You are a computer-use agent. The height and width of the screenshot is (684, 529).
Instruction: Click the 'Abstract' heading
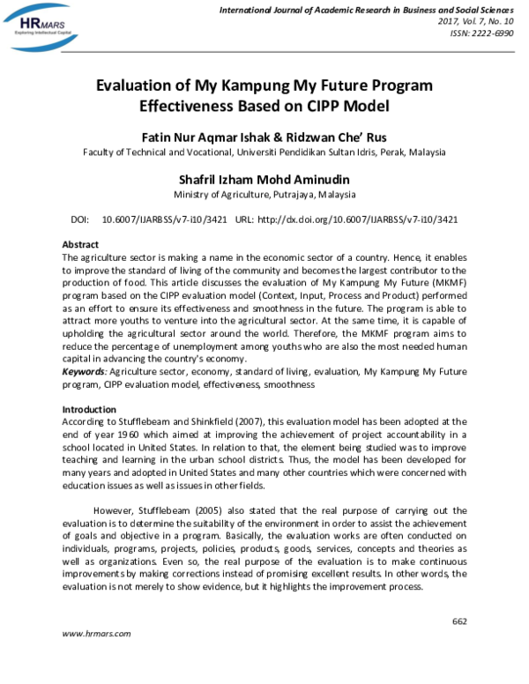coord(80,243)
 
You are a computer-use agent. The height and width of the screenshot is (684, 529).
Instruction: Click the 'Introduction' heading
coord(89,410)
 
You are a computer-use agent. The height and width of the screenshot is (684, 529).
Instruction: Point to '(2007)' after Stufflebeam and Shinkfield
coord(242,422)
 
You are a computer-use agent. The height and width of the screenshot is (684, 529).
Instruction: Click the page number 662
coord(458,621)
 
